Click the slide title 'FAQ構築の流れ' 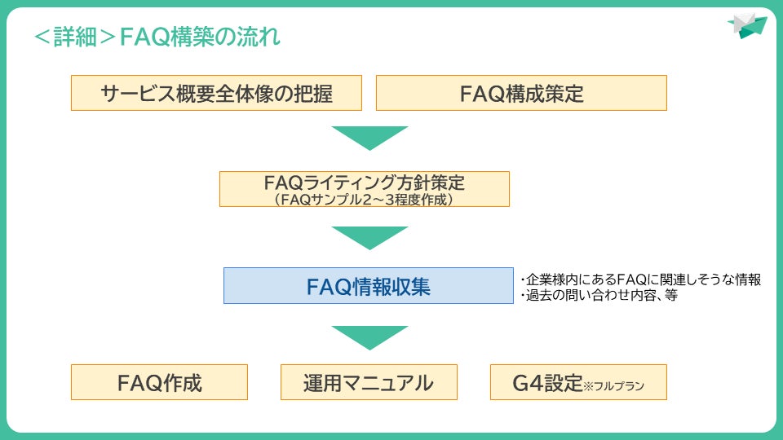coord(200,37)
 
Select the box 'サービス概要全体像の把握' coord(216,93)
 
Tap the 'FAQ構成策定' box coord(521,93)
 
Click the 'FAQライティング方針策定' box coord(364,182)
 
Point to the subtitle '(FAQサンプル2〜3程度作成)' coord(364,198)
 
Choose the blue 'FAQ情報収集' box coord(368,286)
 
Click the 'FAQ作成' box coord(159,382)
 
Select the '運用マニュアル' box coord(368,382)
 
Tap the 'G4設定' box coord(578,382)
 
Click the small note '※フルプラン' coord(613,386)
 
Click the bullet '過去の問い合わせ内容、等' coord(599,296)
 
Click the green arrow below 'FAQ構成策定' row coord(369,138)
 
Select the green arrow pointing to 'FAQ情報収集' coord(369,237)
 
